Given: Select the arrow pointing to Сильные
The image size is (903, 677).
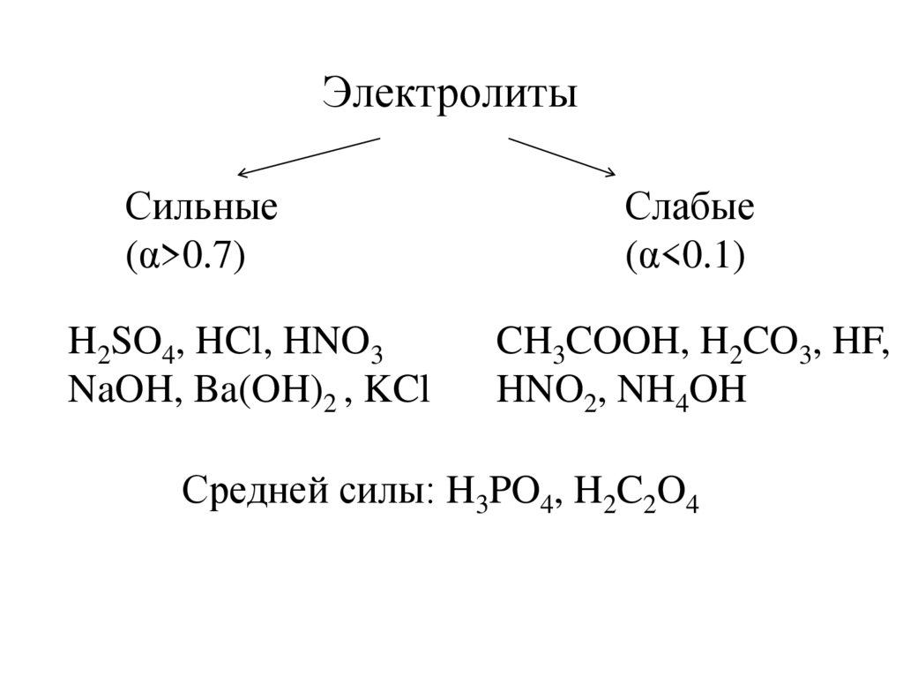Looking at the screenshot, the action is pos(309,155).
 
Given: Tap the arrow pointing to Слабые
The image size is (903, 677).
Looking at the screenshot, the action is pos(561,154).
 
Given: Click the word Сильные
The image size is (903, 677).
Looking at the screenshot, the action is pos(201,210).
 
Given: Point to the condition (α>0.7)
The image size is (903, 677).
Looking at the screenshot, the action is pos(184,257).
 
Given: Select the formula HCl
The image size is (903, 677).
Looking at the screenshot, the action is pos(230,342).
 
